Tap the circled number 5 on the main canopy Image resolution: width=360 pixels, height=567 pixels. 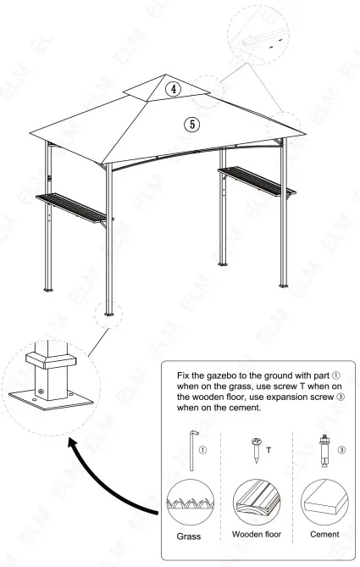[192, 124]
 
